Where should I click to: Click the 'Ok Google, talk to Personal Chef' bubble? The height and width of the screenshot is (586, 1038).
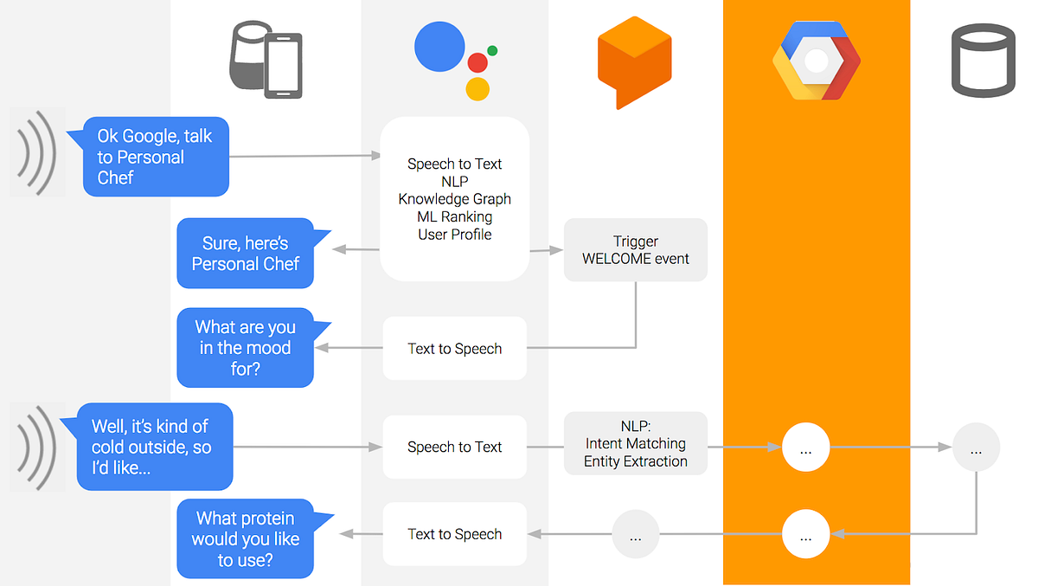[x=156, y=157]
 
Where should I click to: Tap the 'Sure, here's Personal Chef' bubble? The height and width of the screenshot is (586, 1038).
[x=245, y=254]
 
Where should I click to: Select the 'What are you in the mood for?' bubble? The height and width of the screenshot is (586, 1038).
[x=245, y=348]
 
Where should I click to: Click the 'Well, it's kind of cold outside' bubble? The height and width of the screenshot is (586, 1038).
[x=156, y=447]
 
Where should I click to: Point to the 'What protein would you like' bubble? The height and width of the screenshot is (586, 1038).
[x=245, y=538]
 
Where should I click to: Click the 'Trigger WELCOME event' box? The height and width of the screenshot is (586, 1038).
[x=636, y=249]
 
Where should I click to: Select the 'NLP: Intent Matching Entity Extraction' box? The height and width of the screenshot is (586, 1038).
[x=636, y=443]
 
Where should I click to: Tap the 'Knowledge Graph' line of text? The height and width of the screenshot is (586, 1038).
[x=454, y=199]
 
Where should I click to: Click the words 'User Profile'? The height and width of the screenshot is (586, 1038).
[x=454, y=235]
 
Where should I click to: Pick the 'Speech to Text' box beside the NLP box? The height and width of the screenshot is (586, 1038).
[x=454, y=447]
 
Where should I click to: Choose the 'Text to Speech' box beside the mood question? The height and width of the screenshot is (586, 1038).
[x=454, y=349]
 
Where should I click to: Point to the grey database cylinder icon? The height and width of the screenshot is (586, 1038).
[x=983, y=61]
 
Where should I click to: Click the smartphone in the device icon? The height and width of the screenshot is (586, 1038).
[x=283, y=66]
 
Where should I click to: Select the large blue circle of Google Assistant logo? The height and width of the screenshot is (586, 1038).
[x=440, y=48]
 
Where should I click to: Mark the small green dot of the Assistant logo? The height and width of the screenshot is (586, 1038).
[x=492, y=50]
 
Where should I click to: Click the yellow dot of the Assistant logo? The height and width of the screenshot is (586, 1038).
[x=477, y=88]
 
